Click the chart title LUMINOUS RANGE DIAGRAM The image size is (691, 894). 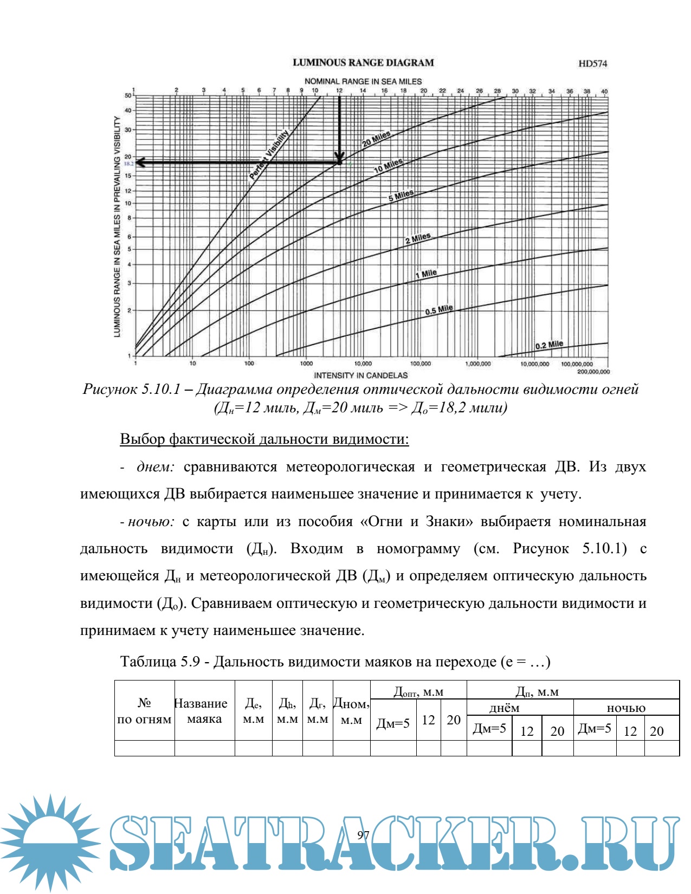(x=363, y=63)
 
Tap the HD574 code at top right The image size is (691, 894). (x=593, y=63)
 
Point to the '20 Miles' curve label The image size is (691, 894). (x=376, y=139)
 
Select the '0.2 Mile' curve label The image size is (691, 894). (x=549, y=345)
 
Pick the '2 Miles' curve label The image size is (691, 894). (x=418, y=238)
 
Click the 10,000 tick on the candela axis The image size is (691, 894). (x=363, y=364)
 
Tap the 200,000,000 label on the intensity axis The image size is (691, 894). (x=593, y=372)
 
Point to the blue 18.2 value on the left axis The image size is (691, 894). (x=129, y=163)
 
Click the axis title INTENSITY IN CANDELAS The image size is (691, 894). (x=360, y=375)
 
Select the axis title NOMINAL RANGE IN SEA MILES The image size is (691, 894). (x=363, y=81)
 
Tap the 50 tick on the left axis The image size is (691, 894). (x=128, y=96)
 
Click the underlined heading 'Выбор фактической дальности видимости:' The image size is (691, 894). (x=264, y=439)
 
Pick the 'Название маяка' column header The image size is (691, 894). (x=204, y=711)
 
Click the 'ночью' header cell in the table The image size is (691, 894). (x=626, y=708)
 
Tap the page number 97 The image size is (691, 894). (x=363, y=835)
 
